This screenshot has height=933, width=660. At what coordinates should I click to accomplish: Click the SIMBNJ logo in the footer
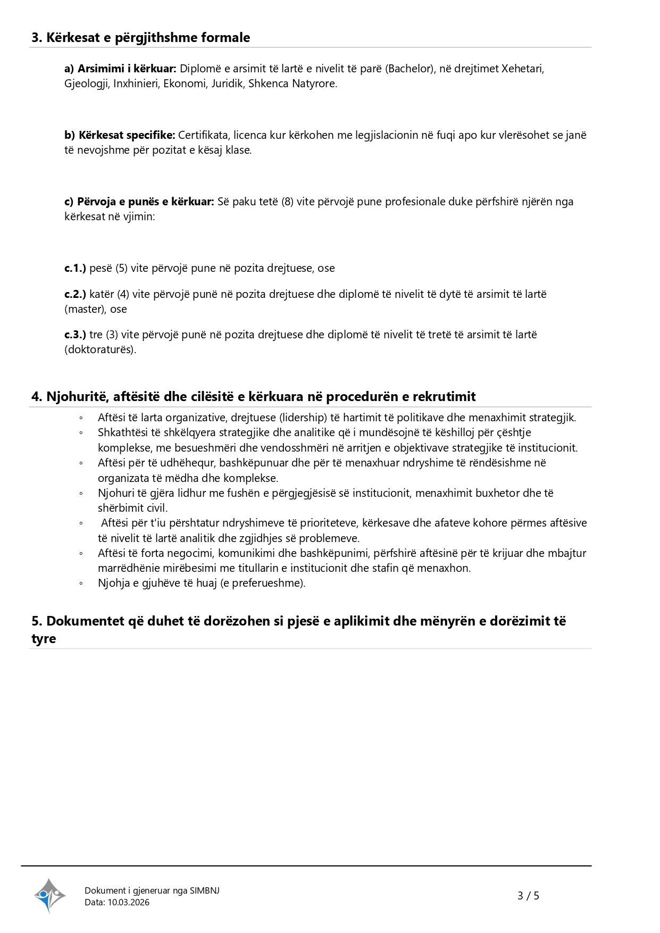coord(49,895)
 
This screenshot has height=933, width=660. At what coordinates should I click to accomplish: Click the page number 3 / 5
coord(528,896)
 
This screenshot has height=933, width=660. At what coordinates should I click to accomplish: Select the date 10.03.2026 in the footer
coord(128,902)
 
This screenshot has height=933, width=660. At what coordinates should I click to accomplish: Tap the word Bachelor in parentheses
coord(409,69)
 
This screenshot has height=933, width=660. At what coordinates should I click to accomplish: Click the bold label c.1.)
coord(75,268)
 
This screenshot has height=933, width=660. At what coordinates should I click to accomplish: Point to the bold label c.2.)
coord(75,294)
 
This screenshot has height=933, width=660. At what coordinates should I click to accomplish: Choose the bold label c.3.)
coord(75,335)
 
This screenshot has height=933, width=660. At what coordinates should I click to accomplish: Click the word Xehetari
coord(523,69)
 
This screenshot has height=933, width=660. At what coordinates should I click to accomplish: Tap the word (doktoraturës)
coord(101,349)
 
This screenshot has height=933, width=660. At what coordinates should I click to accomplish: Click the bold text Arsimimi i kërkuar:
coord(127,69)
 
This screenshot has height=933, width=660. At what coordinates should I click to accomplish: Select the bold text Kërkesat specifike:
coord(127,135)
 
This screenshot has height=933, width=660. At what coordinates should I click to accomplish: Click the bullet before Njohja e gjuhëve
coord(81,583)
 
